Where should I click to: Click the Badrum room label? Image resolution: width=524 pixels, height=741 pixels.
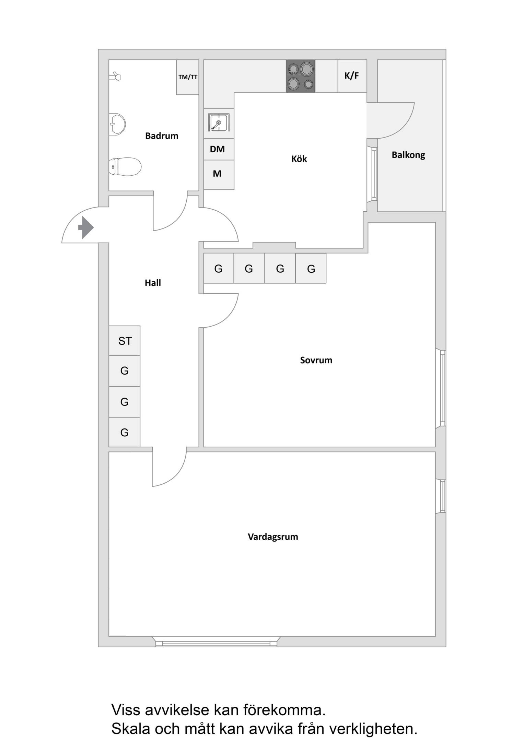click(x=162, y=136)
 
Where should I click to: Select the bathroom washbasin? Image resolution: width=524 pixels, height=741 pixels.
click(x=117, y=124)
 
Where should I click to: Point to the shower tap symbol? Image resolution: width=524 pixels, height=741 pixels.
click(x=115, y=77)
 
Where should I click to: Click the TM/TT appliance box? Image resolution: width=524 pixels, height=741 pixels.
click(x=188, y=77)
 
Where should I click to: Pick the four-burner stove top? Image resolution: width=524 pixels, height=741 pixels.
click(x=301, y=76)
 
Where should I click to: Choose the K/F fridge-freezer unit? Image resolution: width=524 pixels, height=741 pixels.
click(x=352, y=76)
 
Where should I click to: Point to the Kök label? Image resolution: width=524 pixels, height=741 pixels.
click(x=299, y=159)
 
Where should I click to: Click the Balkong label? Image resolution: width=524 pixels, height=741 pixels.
click(x=408, y=155)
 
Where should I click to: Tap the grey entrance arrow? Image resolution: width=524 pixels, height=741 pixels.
click(x=86, y=227)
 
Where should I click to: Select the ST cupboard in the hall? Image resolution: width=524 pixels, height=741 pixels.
click(x=125, y=341)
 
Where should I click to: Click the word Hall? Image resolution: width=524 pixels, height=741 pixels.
click(x=153, y=283)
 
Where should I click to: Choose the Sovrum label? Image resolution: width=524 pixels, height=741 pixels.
click(x=316, y=360)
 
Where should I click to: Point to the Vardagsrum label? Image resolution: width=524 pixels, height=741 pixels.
click(x=273, y=537)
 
